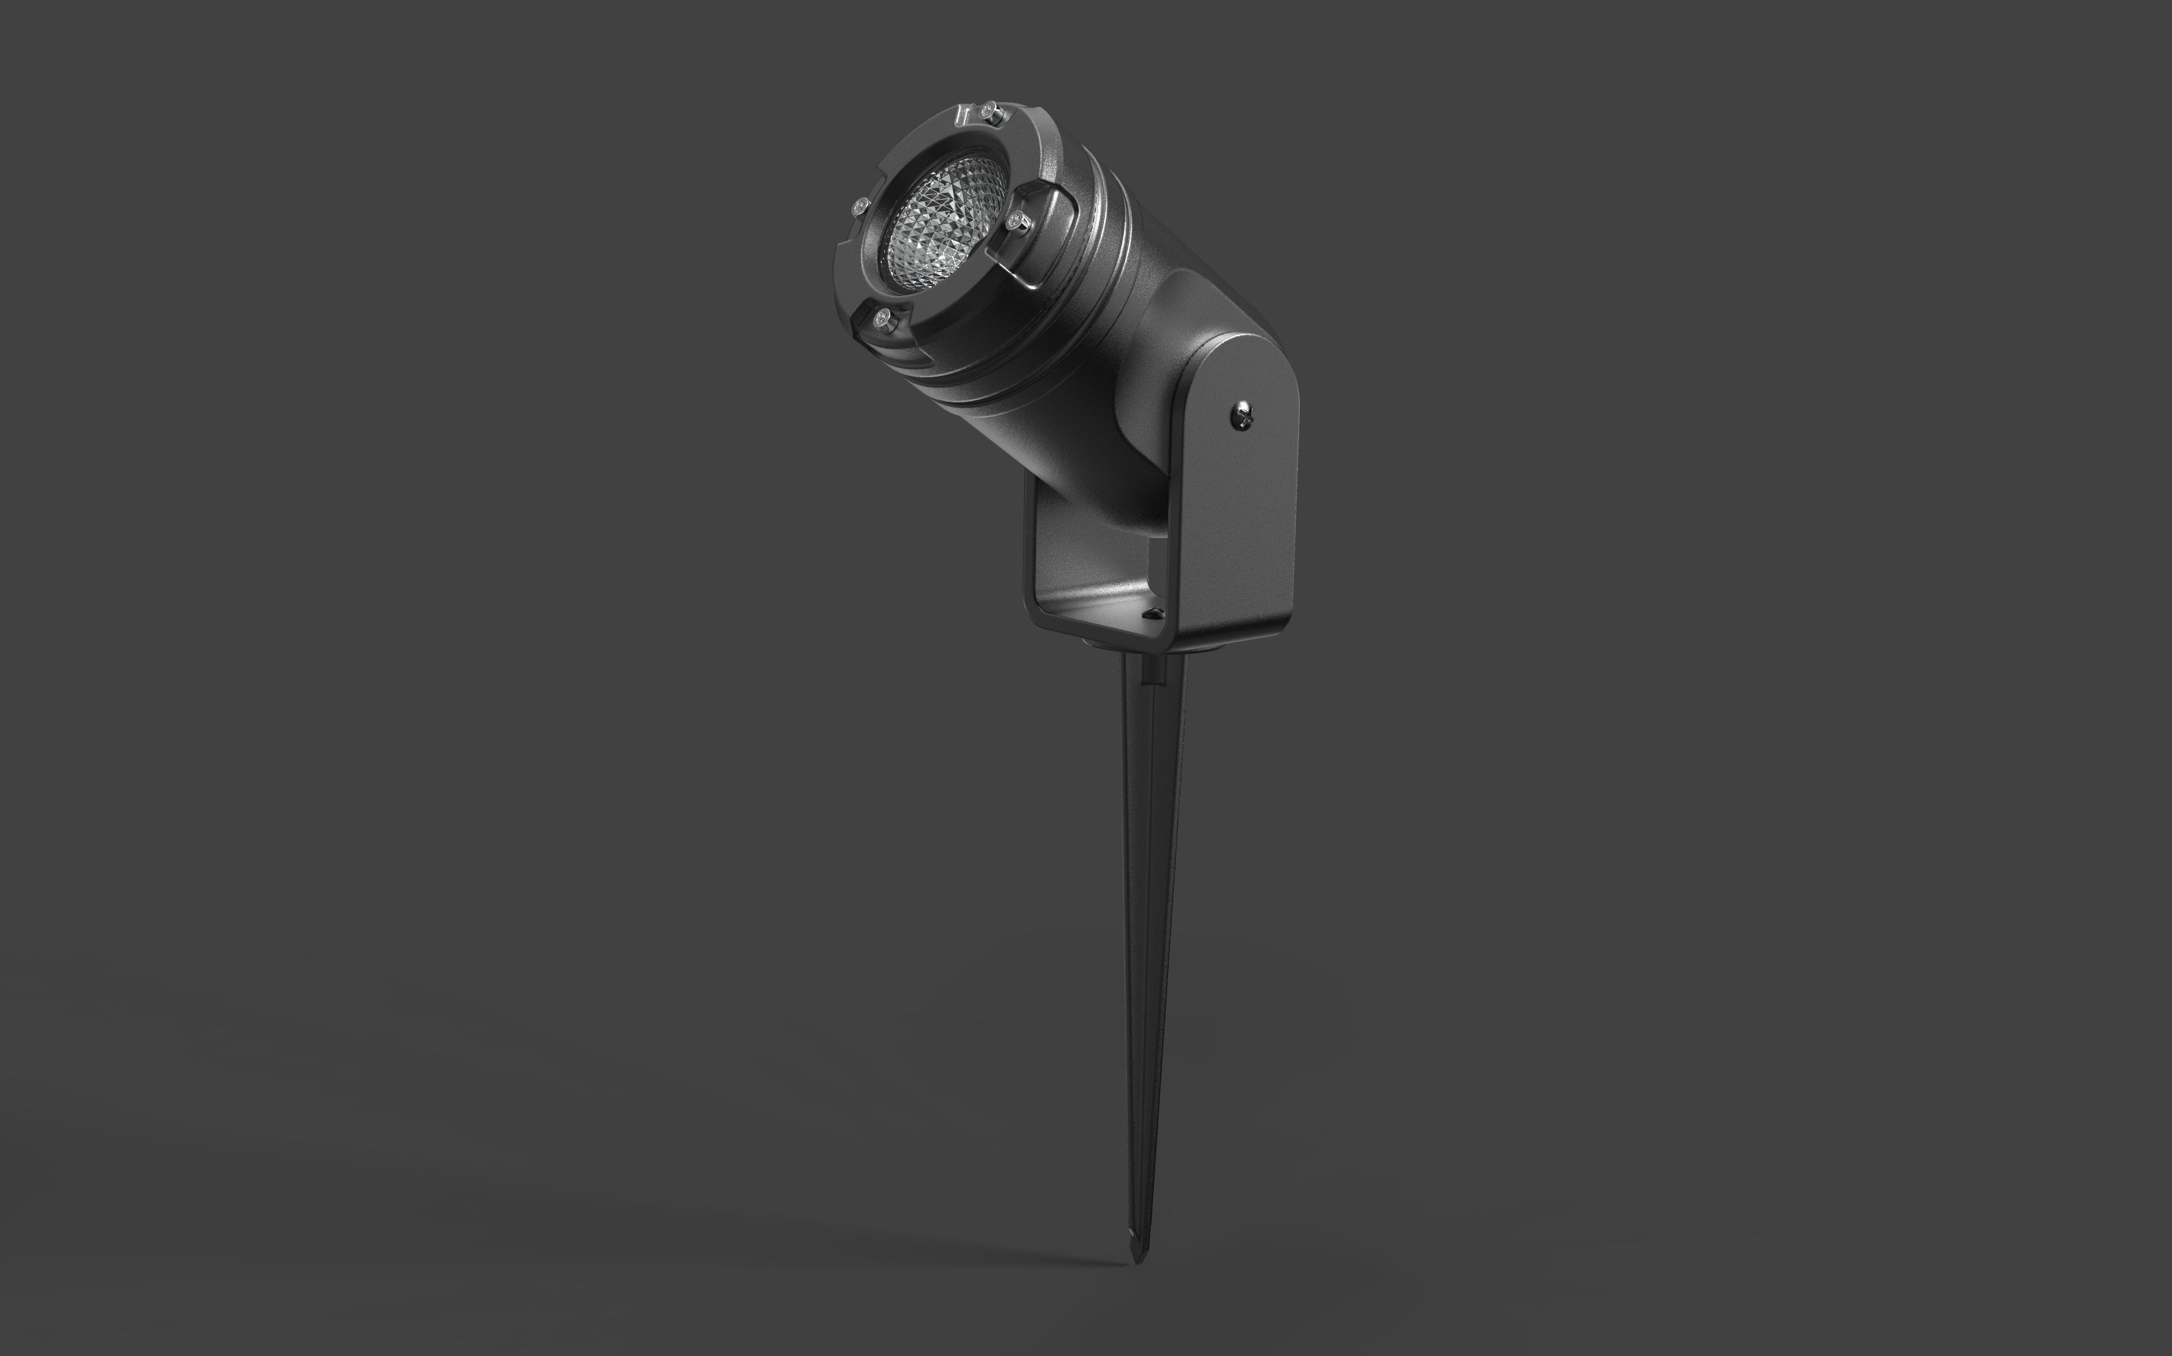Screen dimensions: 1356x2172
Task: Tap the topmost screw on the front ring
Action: [989, 111]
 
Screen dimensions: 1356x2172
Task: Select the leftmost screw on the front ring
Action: [860, 207]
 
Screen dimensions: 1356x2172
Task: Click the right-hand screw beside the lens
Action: [1016, 221]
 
